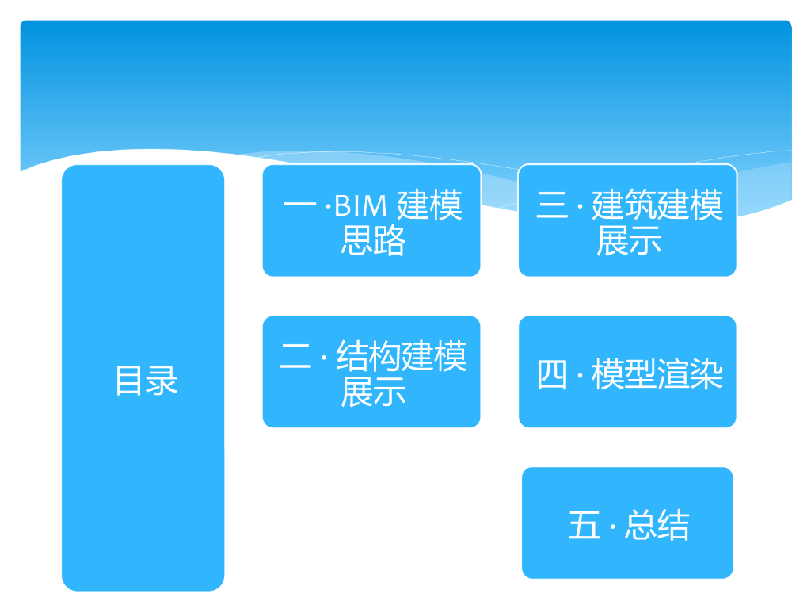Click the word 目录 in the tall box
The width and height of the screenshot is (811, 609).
[147, 381]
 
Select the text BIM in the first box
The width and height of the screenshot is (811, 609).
[360, 206]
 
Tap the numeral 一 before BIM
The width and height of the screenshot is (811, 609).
[302, 206]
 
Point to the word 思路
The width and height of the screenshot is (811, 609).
[372, 240]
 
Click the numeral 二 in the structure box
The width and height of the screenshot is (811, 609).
[297, 356]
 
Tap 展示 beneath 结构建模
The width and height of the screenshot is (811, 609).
[372, 392]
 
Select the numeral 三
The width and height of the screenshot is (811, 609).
[553, 206]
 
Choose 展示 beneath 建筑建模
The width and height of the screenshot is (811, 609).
[629, 240]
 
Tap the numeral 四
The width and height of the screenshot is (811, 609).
[553, 374]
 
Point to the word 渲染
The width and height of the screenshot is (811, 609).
[690, 374]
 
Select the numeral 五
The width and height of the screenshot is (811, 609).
[584, 526]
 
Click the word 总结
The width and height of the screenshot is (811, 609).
[657, 526]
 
